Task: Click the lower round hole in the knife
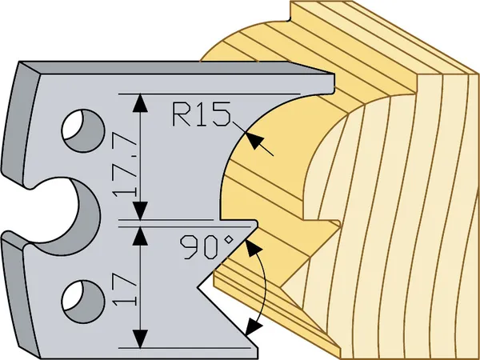83,297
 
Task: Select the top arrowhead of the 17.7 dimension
142,102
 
